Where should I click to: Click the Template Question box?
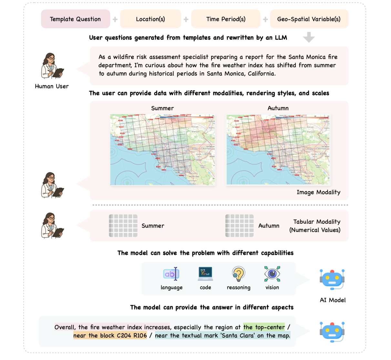(75, 19)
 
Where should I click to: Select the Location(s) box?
(150, 19)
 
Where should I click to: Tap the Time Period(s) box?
(226, 19)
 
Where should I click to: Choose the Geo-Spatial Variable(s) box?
(309, 19)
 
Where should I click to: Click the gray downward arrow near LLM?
(309, 37)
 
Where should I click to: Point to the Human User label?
(52, 86)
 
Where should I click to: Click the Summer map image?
(162, 150)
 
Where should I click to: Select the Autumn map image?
(278, 150)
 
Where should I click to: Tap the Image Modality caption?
(318, 192)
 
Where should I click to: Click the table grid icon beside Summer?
(123, 226)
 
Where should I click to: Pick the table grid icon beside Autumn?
(239, 226)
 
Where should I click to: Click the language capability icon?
(171, 274)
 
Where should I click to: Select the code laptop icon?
(205, 274)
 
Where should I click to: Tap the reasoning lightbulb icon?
(238, 274)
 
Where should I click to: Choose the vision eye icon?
(272, 274)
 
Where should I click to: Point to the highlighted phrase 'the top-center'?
(264, 327)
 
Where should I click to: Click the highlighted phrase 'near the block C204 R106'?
(110, 335)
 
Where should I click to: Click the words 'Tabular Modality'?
(317, 222)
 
